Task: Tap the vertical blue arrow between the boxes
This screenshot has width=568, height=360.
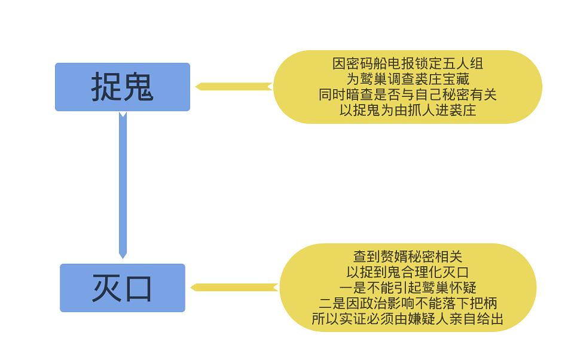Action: click(x=123, y=185)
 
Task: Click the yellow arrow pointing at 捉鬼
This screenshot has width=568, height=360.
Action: click(x=233, y=87)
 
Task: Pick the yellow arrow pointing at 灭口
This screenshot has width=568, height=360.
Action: click(x=234, y=288)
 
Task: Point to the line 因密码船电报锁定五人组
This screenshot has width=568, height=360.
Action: click(x=408, y=63)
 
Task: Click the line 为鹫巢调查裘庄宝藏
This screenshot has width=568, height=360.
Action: click(x=408, y=79)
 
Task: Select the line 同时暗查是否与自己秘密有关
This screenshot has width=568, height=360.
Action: click(x=408, y=94)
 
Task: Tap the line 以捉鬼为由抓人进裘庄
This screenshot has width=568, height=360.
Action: click(x=408, y=110)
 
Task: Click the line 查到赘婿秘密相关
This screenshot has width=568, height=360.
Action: click(x=408, y=257)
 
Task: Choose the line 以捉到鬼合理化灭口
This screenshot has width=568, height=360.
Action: click(x=408, y=272)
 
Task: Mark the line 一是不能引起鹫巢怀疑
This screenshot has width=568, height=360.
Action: click(x=408, y=288)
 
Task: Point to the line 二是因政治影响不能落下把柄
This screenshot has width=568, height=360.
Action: click(x=408, y=303)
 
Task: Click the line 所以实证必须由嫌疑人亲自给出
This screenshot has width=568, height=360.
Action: click(x=408, y=319)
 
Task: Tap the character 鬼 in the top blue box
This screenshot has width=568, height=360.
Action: click(x=139, y=87)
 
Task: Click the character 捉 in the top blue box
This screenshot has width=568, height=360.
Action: click(x=106, y=87)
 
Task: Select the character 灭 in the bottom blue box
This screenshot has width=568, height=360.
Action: click(x=106, y=288)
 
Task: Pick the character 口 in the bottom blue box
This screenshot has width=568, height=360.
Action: click(x=138, y=288)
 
